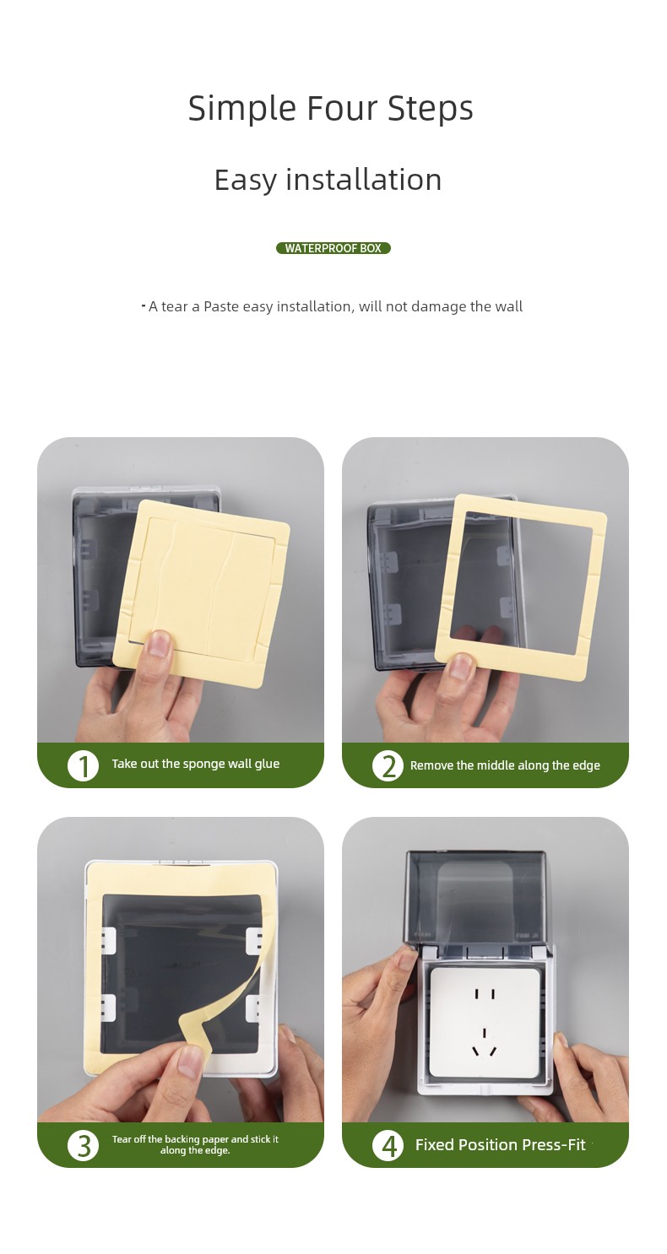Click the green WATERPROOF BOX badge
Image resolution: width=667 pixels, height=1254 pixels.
(333, 248)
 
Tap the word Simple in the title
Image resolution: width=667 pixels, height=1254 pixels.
(242, 109)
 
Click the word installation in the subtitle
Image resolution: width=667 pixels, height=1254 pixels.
(363, 180)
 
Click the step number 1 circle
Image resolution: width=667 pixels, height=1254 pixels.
(83, 766)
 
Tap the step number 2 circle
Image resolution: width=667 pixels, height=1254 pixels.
(388, 766)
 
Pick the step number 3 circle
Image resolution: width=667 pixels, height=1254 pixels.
(83, 1145)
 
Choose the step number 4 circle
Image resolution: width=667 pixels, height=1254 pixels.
(388, 1145)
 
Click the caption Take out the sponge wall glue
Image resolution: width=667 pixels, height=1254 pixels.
(195, 765)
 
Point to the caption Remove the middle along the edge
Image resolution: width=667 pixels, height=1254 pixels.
(505, 765)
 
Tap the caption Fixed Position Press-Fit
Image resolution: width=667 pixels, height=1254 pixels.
(500, 1145)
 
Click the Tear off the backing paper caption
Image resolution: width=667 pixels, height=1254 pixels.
(195, 1144)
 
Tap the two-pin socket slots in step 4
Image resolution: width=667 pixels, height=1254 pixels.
(485, 994)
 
